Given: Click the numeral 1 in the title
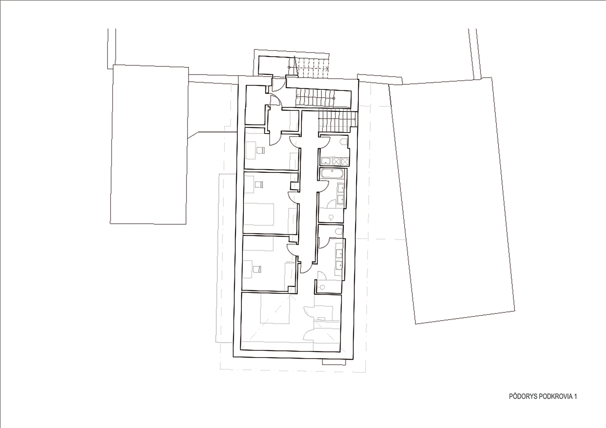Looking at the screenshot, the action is [x=575, y=396].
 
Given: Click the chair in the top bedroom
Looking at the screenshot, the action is [x=260, y=150].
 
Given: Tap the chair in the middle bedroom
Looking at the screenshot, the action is [x=258, y=184].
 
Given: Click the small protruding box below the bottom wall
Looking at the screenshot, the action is [x=334, y=362].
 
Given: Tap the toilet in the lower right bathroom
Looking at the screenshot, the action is [x=339, y=232].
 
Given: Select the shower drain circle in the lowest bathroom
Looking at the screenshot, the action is [x=322, y=287].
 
